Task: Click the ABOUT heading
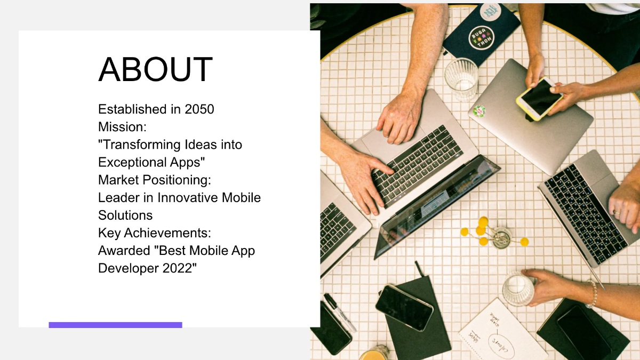click(x=155, y=70)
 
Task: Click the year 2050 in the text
click(x=199, y=109)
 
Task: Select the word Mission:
click(x=122, y=127)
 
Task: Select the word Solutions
click(x=125, y=215)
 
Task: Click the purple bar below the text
click(x=115, y=325)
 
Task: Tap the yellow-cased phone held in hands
click(x=539, y=99)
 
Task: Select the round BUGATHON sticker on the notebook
click(x=482, y=38)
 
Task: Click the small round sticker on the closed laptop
click(x=479, y=111)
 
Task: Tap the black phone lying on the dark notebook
click(x=404, y=308)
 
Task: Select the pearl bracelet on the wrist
click(x=591, y=294)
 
